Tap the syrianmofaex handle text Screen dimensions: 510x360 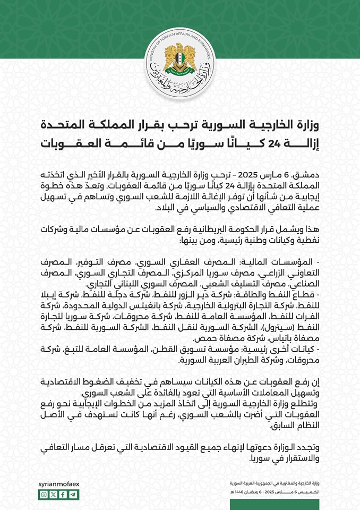click(x=58, y=484)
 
